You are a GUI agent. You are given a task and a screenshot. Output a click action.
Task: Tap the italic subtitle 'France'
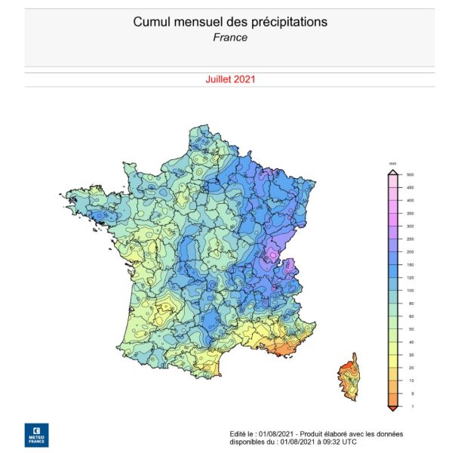point(230,37)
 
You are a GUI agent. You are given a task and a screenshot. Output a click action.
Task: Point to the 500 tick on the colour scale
point(410,174)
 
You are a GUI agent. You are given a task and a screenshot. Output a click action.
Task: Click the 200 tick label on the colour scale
point(410,251)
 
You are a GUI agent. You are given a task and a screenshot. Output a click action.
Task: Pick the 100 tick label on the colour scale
point(410,291)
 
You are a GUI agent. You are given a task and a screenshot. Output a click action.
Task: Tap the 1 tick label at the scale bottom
point(410,407)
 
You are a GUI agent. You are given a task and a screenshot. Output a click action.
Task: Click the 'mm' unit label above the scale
point(392,163)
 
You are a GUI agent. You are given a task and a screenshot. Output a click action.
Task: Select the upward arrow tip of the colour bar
point(392,171)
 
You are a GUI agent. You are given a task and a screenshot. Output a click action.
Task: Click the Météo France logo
point(35,435)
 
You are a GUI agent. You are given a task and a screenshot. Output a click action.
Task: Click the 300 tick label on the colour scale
point(410,226)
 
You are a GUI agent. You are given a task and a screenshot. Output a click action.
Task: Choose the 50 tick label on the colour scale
point(410,329)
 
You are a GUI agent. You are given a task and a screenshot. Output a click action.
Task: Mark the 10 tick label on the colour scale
point(410,381)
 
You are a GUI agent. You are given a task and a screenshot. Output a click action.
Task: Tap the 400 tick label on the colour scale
point(410,200)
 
